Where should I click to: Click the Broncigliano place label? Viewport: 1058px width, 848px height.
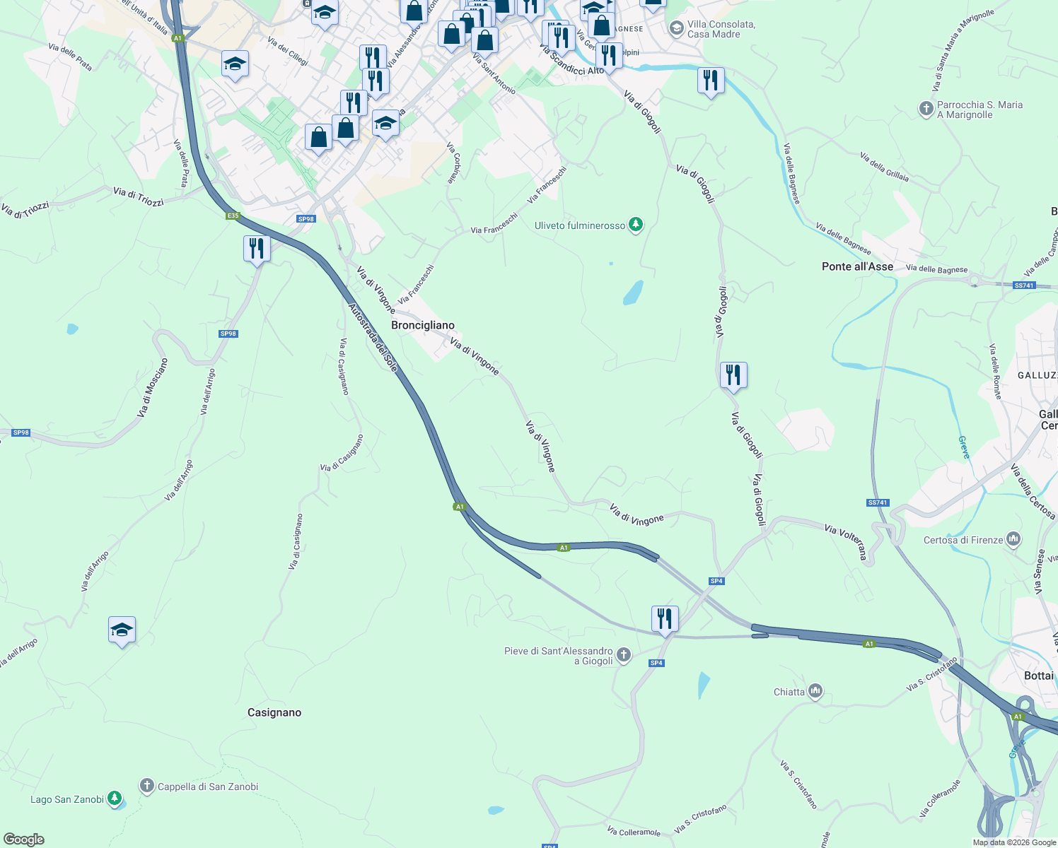pos(423,325)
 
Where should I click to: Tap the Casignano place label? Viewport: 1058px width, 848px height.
pos(274,712)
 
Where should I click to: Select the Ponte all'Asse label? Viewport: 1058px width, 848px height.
pos(857,266)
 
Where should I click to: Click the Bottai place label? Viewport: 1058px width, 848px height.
pos(1038,676)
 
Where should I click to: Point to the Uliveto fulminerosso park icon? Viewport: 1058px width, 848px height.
pos(636,225)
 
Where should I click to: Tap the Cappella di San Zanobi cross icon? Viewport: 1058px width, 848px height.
pos(147,786)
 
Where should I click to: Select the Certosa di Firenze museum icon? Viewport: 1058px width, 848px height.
pos(1013,540)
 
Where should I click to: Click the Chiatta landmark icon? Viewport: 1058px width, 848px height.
pos(815,691)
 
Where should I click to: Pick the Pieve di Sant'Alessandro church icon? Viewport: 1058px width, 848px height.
pos(623,655)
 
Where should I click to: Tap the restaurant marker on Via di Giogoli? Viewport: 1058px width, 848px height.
pos(733,375)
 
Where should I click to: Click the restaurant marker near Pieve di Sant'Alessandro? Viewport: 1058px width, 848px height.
pos(664,619)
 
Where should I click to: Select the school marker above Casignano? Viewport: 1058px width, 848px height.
pos(122,630)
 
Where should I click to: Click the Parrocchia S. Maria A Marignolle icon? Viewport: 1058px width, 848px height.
pos(926,109)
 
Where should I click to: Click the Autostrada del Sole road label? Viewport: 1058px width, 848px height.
pos(373,338)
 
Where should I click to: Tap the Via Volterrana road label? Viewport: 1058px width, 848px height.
pos(846,541)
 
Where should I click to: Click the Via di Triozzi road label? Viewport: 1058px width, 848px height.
pos(139,196)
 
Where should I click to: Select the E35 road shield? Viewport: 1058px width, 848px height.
pos(233,216)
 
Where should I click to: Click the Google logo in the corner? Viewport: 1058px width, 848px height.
pos(24,840)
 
